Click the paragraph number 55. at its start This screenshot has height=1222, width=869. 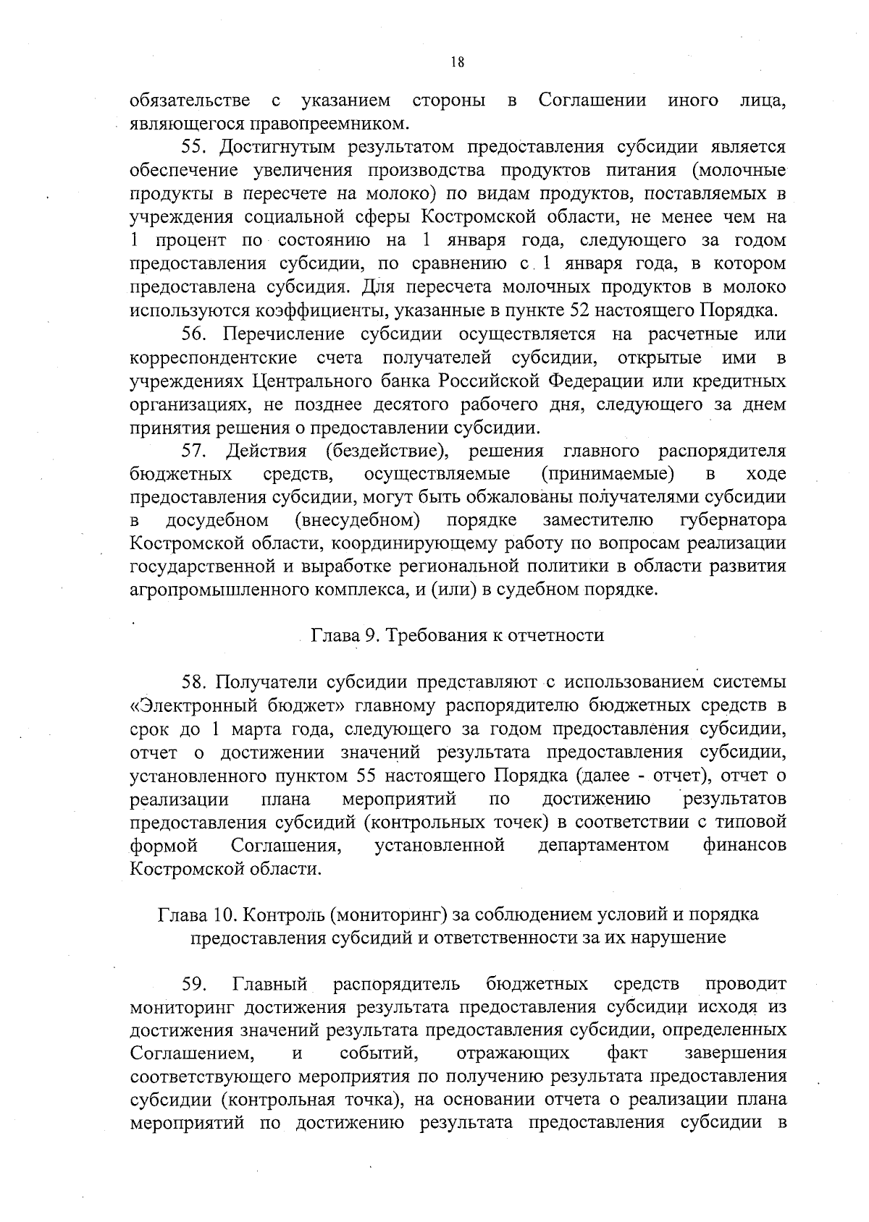point(195,147)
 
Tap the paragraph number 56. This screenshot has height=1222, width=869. point(195,334)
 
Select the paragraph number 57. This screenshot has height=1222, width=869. point(195,451)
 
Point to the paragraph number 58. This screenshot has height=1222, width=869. point(195,682)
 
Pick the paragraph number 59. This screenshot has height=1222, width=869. point(195,985)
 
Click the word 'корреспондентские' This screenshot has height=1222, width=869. point(214,358)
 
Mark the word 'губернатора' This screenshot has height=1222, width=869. point(734,521)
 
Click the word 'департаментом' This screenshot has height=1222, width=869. point(603,845)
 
